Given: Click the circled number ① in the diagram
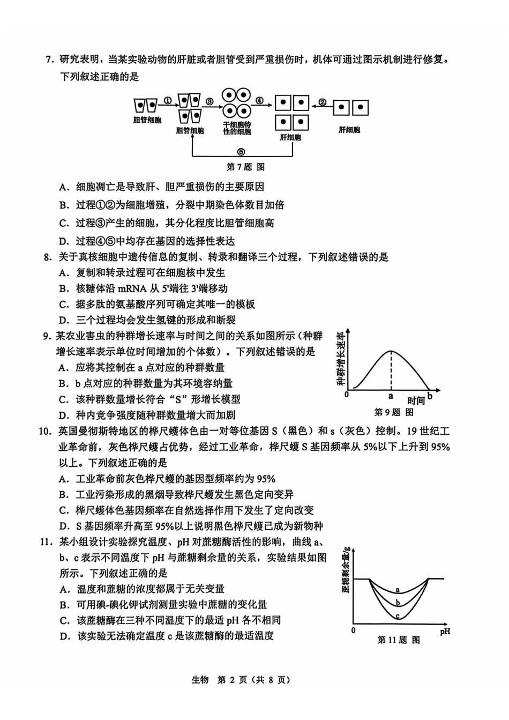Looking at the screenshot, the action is point(167,100).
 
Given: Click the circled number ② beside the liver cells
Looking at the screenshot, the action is point(322,102).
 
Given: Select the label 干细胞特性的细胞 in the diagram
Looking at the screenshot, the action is point(237,128).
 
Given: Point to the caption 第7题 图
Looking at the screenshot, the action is point(245,167).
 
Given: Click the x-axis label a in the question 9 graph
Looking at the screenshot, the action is point(391,396).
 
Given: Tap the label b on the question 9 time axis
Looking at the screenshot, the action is point(430,397).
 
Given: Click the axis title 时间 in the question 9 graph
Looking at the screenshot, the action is point(416,400).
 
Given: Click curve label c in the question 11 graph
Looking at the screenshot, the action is point(398,616).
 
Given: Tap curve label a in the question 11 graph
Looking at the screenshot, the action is point(398,590).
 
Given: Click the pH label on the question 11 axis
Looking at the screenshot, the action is point(445,631).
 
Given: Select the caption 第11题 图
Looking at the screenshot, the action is point(399,640).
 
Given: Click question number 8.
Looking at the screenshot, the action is point(47,257).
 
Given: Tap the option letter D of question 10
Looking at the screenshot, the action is point(64,526).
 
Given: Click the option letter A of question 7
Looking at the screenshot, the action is point(64,187).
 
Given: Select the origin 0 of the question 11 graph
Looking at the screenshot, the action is point(353,630).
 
